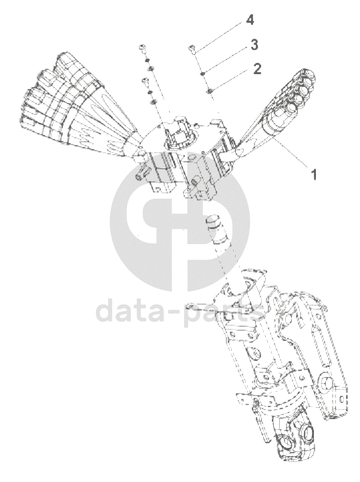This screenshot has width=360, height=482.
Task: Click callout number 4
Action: [x=250, y=21]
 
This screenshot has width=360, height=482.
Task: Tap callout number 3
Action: [x=254, y=45]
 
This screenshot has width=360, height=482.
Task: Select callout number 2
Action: [x=256, y=69]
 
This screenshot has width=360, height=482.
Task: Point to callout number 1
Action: [x=314, y=174]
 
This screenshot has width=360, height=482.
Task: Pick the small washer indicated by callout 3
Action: [x=202, y=74]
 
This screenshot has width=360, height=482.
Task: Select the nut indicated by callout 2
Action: [x=210, y=91]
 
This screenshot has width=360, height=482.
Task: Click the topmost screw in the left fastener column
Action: [x=142, y=48]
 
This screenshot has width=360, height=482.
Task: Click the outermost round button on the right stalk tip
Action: [x=308, y=75]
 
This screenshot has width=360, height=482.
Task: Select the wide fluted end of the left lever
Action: [x=46, y=92]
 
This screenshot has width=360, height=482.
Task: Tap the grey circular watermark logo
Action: [x=180, y=221]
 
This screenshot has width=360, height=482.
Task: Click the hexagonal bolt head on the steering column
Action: [x=324, y=383]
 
